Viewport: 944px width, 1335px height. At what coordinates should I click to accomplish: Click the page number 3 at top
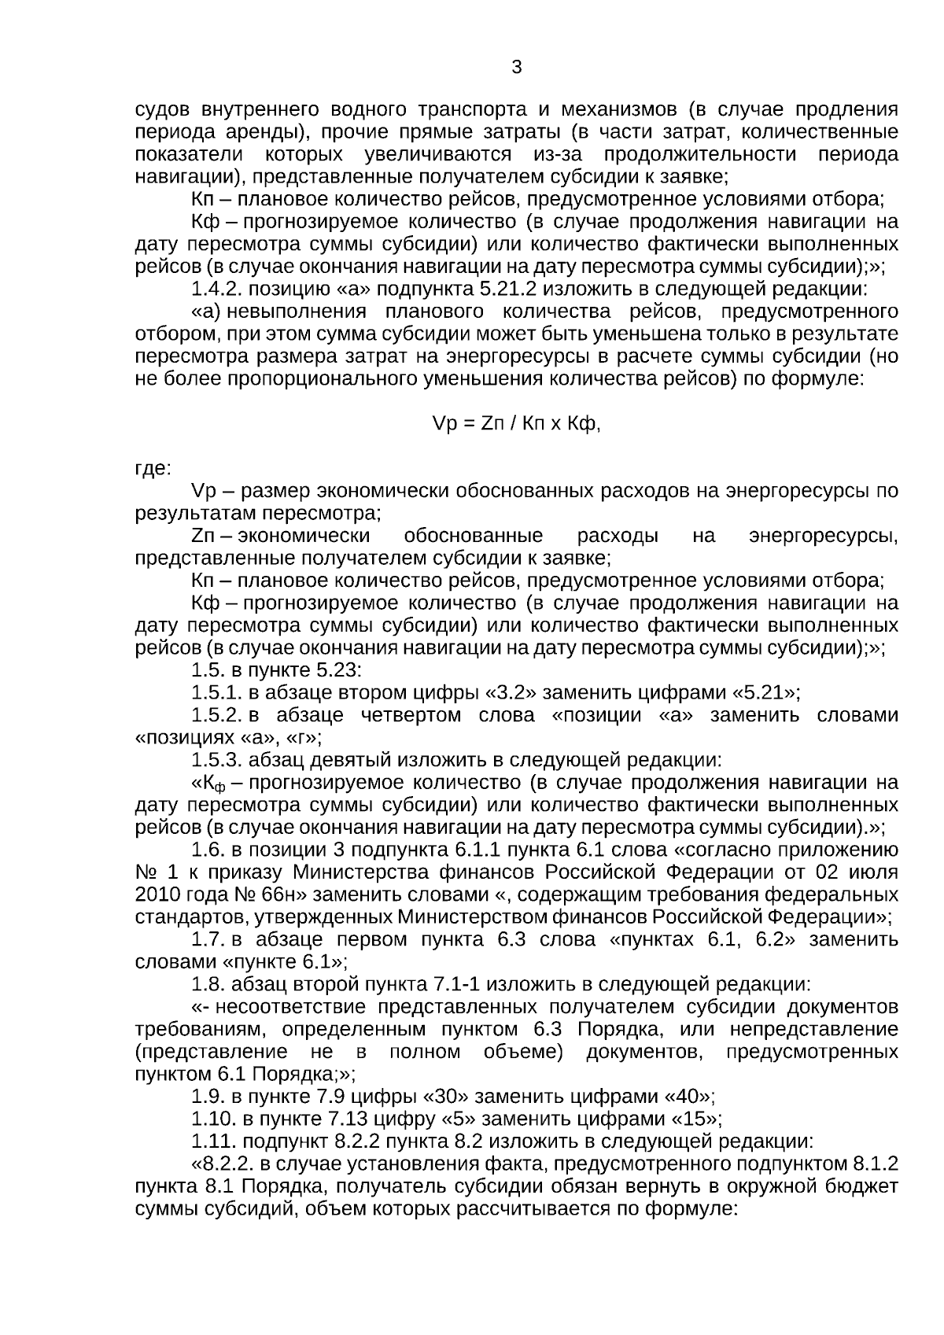click(x=516, y=68)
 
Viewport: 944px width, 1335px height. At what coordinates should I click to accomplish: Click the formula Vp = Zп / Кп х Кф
click(x=516, y=424)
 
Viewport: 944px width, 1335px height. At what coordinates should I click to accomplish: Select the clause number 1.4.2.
click(x=217, y=289)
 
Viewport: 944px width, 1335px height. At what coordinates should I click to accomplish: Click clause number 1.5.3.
click(x=217, y=761)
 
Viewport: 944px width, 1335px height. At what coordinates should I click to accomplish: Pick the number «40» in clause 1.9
click(x=688, y=1097)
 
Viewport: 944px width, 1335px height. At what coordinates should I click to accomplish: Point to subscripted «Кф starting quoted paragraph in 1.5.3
click(x=210, y=784)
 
